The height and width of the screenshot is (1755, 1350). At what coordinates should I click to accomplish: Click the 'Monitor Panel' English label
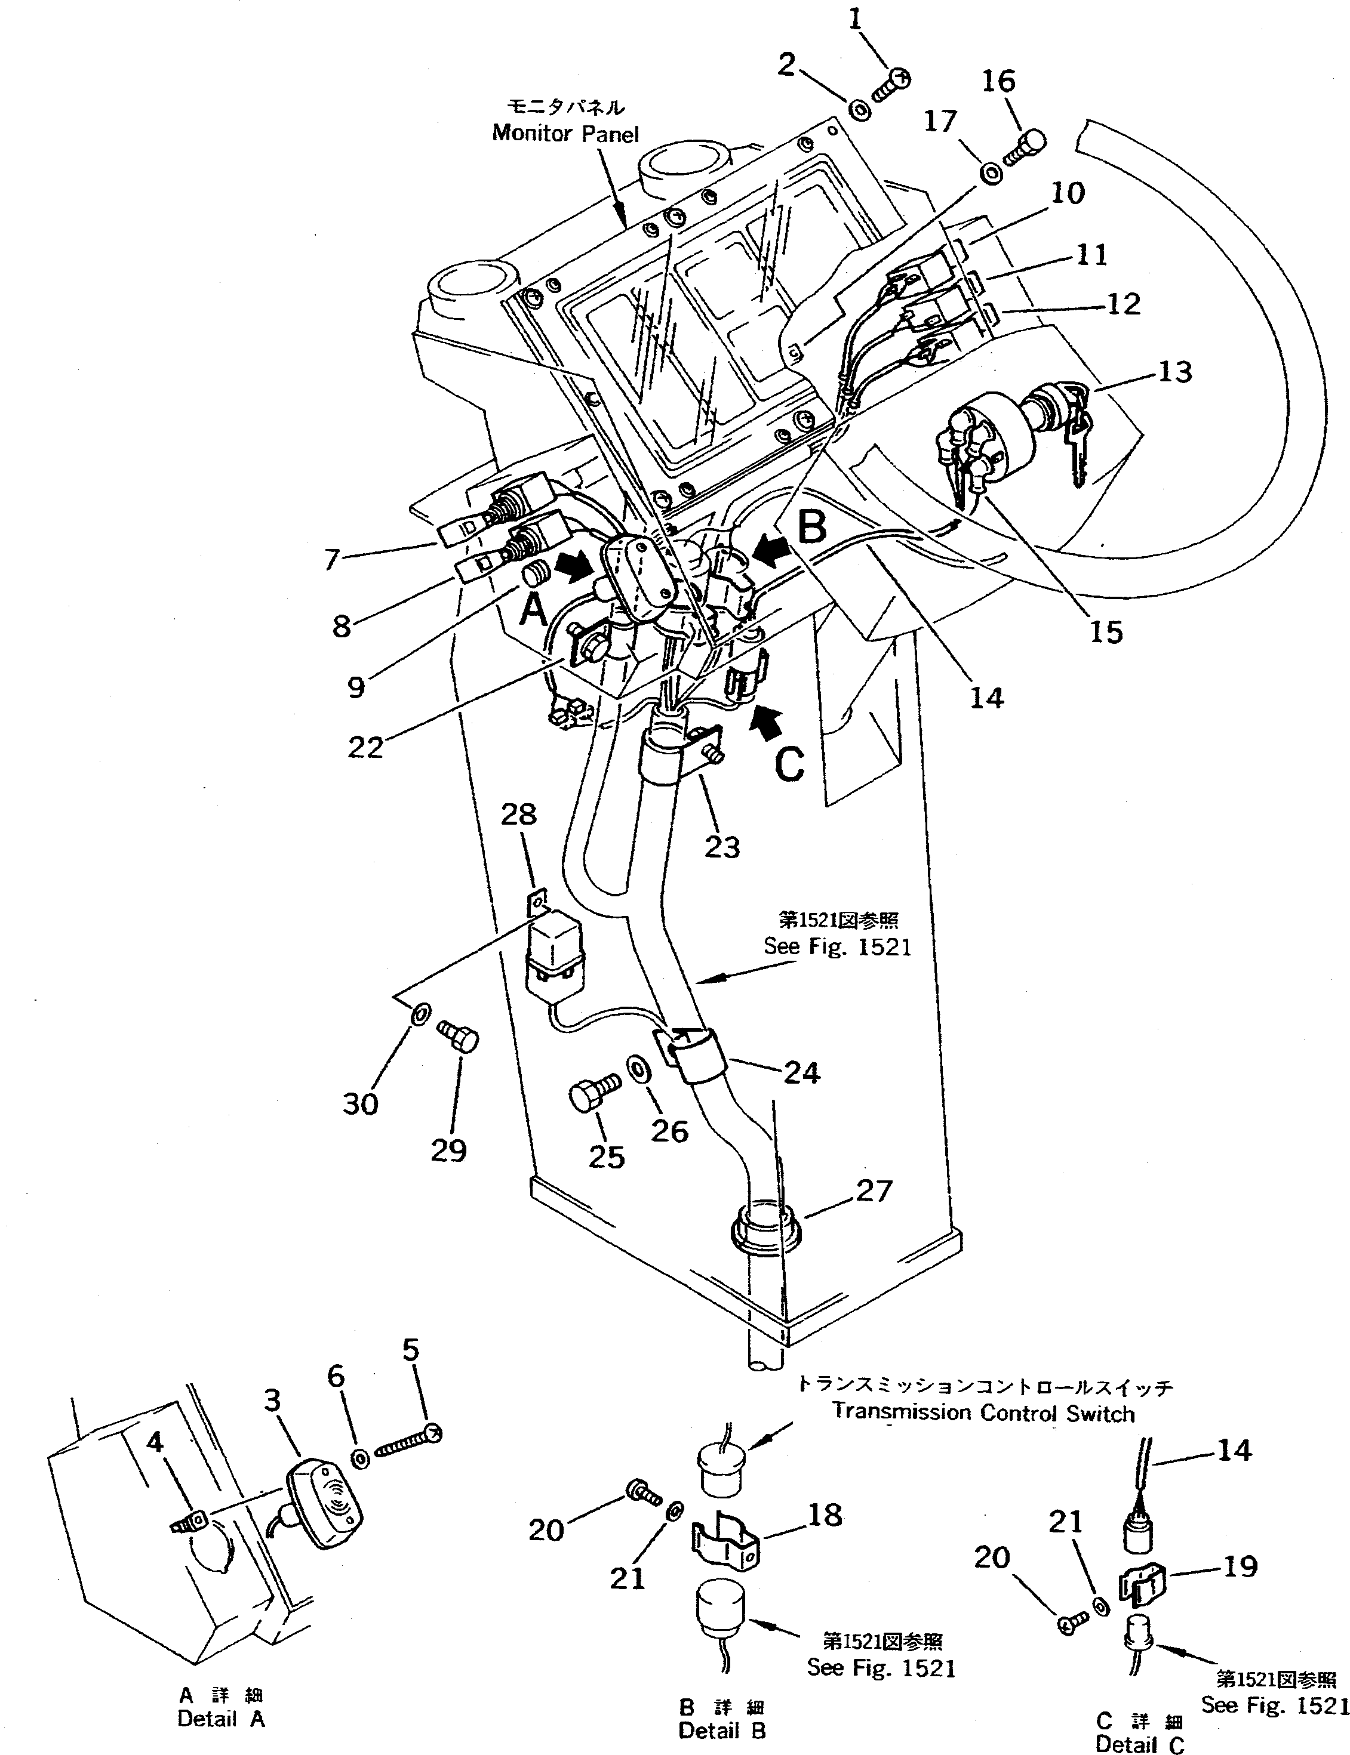click(x=565, y=132)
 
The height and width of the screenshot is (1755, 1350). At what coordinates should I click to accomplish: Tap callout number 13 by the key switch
click(x=1175, y=372)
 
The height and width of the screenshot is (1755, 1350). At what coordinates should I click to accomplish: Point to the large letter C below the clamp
click(x=789, y=764)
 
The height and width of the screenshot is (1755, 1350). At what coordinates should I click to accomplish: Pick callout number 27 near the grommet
click(x=874, y=1189)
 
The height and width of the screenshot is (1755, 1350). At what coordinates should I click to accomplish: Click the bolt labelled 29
click(x=458, y=1036)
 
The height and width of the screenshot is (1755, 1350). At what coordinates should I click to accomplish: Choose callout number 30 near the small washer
click(x=360, y=1103)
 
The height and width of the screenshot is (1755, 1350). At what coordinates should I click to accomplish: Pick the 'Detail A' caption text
click(x=221, y=1718)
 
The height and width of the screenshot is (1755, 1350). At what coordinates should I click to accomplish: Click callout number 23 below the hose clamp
click(x=722, y=847)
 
